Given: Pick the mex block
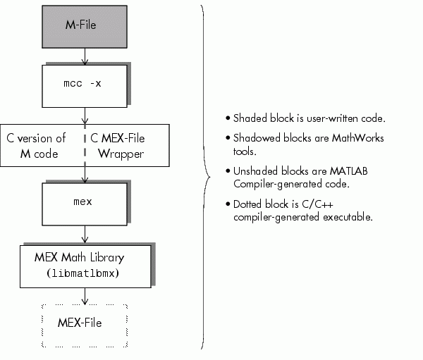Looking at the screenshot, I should [x=85, y=202].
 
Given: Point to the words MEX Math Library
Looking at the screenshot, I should [x=84, y=258].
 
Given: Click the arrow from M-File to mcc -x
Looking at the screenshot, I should [x=85, y=55].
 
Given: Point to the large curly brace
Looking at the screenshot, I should [x=204, y=176].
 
